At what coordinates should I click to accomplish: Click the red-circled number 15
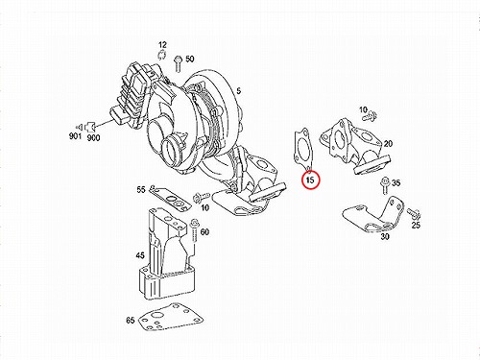[x=310, y=180]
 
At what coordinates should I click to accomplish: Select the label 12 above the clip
[x=162, y=45]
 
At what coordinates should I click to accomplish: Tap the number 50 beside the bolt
[x=190, y=59]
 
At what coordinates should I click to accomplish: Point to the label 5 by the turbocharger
[x=239, y=91]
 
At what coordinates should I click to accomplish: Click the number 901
[x=76, y=136]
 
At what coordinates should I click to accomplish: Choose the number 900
[x=93, y=138]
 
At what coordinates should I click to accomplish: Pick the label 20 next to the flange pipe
[x=388, y=144]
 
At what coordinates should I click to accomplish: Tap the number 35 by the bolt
[x=396, y=183]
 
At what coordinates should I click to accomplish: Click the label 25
[x=416, y=226]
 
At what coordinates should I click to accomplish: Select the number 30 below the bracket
[x=385, y=236]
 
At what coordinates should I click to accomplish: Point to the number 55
[x=141, y=190]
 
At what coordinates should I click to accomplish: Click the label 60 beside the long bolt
[x=204, y=231]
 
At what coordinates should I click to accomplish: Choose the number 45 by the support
[x=140, y=255]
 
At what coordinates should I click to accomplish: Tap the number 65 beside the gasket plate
[x=131, y=320]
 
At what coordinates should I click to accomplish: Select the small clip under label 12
[x=162, y=55]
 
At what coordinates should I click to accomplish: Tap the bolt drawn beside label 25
[x=414, y=213]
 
